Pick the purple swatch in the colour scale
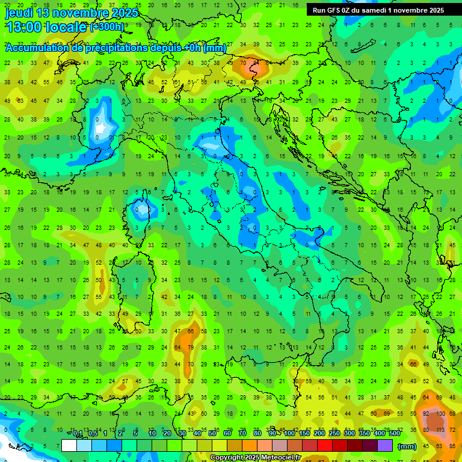pyautogui.click(x=385, y=445)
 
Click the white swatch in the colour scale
pyautogui.click(x=69, y=445)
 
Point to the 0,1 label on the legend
pyautogui.click(x=77, y=434)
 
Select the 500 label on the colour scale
pyautogui.click(x=394, y=434)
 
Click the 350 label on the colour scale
pyautogui.click(x=365, y=434)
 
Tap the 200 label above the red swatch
pyautogui.click(x=319, y=434)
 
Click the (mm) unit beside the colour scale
pyautogui.click(x=407, y=446)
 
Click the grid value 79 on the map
pyautogui.click(x=191, y=347)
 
